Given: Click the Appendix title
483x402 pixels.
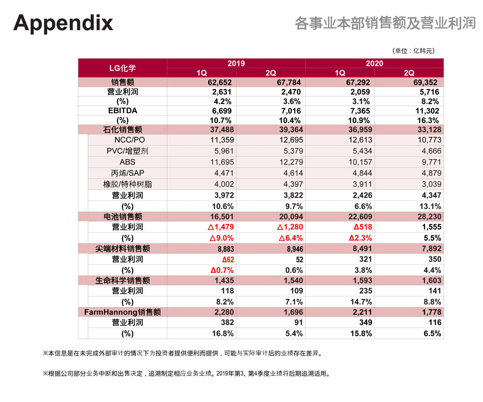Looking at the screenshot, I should coord(63,23).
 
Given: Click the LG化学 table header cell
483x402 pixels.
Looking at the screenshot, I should coord(122,68).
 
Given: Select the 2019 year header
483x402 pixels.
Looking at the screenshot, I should coord(236,63).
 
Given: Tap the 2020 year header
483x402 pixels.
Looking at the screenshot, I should coord(375,63).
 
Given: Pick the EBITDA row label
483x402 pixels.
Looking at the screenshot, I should coord(122,110).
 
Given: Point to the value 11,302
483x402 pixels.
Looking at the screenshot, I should coord(427,110).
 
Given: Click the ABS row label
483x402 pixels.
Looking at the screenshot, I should coord(127,161).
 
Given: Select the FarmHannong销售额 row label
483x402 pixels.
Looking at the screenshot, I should coord(123,311).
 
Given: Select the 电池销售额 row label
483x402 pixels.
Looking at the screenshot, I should coord(122,216).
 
